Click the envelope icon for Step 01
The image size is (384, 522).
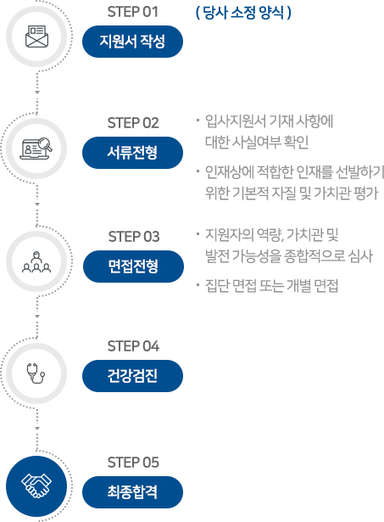37,36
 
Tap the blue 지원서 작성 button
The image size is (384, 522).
132,42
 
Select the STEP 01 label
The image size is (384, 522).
132,12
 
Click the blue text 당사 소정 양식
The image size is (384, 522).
243,13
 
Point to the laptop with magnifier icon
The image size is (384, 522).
36,149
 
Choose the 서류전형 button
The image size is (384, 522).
132,153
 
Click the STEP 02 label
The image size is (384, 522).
133,123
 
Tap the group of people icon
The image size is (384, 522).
36,262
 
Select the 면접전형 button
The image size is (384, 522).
133,267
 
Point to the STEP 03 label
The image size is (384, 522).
134,237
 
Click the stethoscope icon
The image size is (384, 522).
36,373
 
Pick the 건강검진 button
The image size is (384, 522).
132,376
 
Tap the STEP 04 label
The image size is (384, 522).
133,346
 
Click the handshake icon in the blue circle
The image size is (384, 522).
36,486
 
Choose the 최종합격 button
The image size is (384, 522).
132,492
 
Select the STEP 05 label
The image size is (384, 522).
133,463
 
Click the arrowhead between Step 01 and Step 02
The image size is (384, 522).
37,93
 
